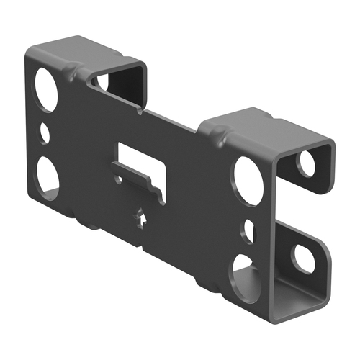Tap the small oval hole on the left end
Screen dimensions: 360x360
45,132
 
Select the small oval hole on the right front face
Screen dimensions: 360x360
248,230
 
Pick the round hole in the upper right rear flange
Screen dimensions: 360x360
307,165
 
